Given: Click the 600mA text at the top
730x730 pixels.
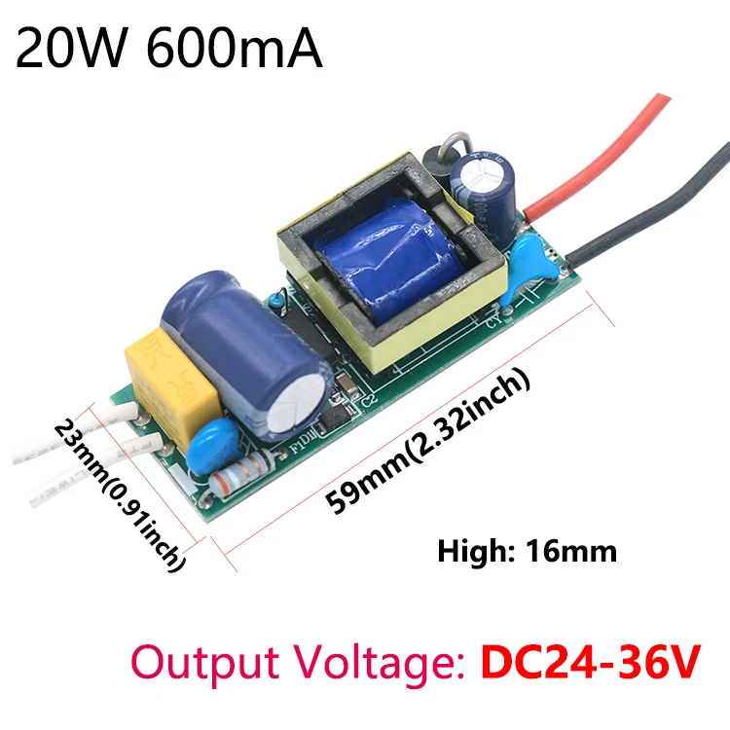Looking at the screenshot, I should pos(234,49).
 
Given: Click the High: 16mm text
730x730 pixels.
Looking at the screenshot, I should pos(527,552).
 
